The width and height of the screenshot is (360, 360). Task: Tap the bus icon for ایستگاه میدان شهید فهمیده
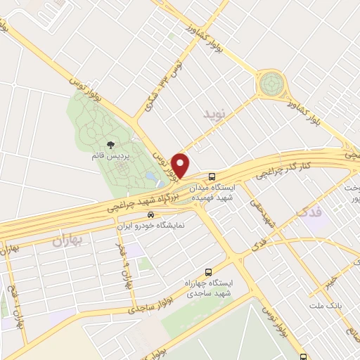[x=212, y=176]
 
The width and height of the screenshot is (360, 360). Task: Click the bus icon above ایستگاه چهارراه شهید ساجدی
[x=207, y=271]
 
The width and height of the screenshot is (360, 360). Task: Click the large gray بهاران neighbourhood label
[x=67, y=242]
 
